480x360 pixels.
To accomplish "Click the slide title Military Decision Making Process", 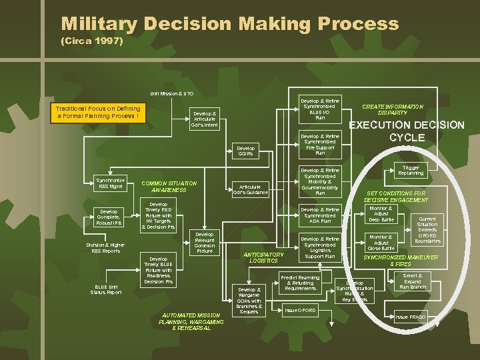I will click(x=229, y=25).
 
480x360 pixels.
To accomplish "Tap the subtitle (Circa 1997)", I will click(x=92, y=41).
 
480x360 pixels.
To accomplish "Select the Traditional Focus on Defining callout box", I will click(x=98, y=112).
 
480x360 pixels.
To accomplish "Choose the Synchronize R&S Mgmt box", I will click(x=109, y=183).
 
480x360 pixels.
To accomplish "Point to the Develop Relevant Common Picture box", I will click(x=204, y=243).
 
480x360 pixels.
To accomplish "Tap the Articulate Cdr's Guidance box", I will click(x=250, y=189).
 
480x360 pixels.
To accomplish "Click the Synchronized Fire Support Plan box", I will click(x=320, y=145).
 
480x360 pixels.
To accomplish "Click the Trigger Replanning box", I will click(x=411, y=170).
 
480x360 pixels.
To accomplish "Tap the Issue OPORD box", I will click(x=301, y=311).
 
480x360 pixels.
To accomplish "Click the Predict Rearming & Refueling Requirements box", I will click(x=301, y=283).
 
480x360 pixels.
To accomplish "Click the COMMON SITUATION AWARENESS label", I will click(x=169, y=187).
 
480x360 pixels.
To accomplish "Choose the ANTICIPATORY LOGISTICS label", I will click(x=263, y=257).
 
